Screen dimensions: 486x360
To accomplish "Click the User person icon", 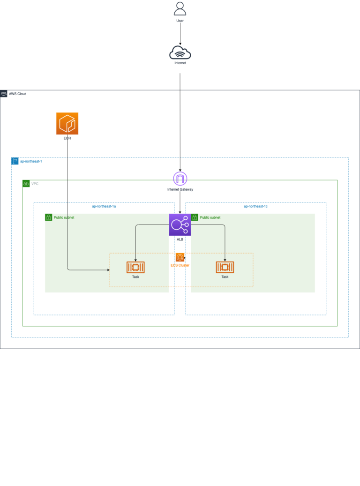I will pyautogui.click(x=180, y=9).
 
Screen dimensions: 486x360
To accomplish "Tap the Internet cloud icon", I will pyautogui.click(x=180, y=52).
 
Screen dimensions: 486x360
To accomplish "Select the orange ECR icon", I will pyautogui.click(x=67, y=123).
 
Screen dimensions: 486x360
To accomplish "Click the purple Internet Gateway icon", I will pyautogui.click(x=180, y=179).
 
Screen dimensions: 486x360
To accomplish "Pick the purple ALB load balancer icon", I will pyautogui.click(x=180, y=225).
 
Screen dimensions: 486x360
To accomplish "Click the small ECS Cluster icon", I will pyautogui.click(x=180, y=257).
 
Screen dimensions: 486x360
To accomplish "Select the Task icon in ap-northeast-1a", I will pyautogui.click(x=135, y=267).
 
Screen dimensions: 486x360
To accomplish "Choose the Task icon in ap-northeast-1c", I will pyautogui.click(x=225, y=267).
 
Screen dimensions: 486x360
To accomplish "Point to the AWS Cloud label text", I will pyautogui.click(x=18, y=94).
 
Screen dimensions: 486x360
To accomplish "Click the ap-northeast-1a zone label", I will pyautogui.click(x=104, y=206).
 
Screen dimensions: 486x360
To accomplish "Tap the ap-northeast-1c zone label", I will pyautogui.click(x=256, y=206).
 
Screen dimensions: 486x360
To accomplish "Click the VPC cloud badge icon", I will pyautogui.click(x=26, y=184).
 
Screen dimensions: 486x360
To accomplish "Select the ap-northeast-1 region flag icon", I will pyautogui.click(x=15, y=161).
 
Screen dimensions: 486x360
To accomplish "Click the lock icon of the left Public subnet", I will pyautogui.click(x=48, y=217).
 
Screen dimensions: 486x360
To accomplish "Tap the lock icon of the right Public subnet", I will pyautogui.click(x=195, y=217).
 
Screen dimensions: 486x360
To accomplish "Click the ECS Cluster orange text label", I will pyautogui.click(x=180, y=265).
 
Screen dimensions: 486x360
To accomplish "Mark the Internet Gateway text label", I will pyautogui.click(x=180, y=189).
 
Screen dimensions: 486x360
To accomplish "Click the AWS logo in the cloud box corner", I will pyautogui.click(x=4, y=94).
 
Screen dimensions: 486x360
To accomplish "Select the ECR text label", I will pyautogui.click(x=67, y=138).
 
